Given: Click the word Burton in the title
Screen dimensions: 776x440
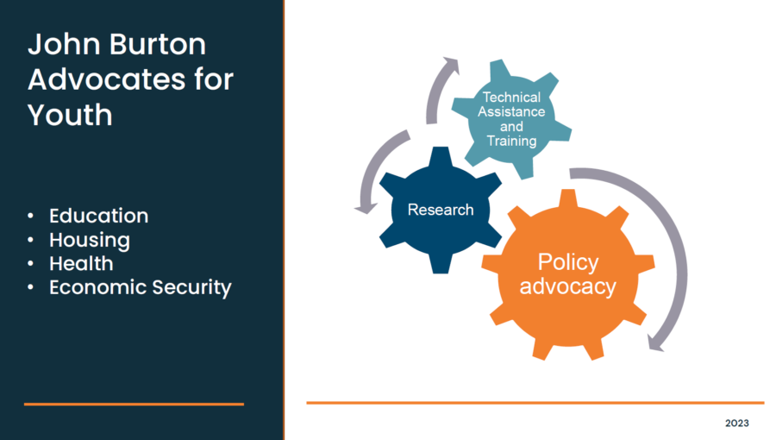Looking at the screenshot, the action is [158, 44].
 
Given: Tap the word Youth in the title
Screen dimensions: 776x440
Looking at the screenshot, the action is [71, 115].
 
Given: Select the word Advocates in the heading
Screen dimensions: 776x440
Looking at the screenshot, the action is [107, 79].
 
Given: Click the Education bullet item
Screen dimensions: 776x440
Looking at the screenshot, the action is [98, 216].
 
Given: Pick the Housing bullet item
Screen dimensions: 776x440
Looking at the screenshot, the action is [90, 241].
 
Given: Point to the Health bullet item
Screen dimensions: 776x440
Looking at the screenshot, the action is [81, 263].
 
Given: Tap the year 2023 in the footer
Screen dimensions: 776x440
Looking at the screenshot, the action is [737, 423].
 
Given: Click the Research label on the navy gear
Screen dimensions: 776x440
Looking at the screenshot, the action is [441, 210].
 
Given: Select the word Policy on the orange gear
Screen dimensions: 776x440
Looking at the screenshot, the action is [568, 262].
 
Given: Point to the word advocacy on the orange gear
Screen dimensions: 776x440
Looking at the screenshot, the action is [567, 286].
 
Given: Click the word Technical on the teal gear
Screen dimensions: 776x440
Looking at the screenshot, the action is [511, 97].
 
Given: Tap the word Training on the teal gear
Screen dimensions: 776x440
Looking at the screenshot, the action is [511, 141].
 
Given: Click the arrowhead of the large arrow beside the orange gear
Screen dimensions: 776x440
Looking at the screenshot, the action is [656, 343].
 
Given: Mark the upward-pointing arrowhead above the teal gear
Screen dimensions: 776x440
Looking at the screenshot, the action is [450, 65].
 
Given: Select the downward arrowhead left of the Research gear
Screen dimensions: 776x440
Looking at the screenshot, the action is [366, 209].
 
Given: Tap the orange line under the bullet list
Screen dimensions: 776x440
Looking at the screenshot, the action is [134, 405].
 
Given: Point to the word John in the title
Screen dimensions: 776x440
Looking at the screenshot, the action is [65, 44].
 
